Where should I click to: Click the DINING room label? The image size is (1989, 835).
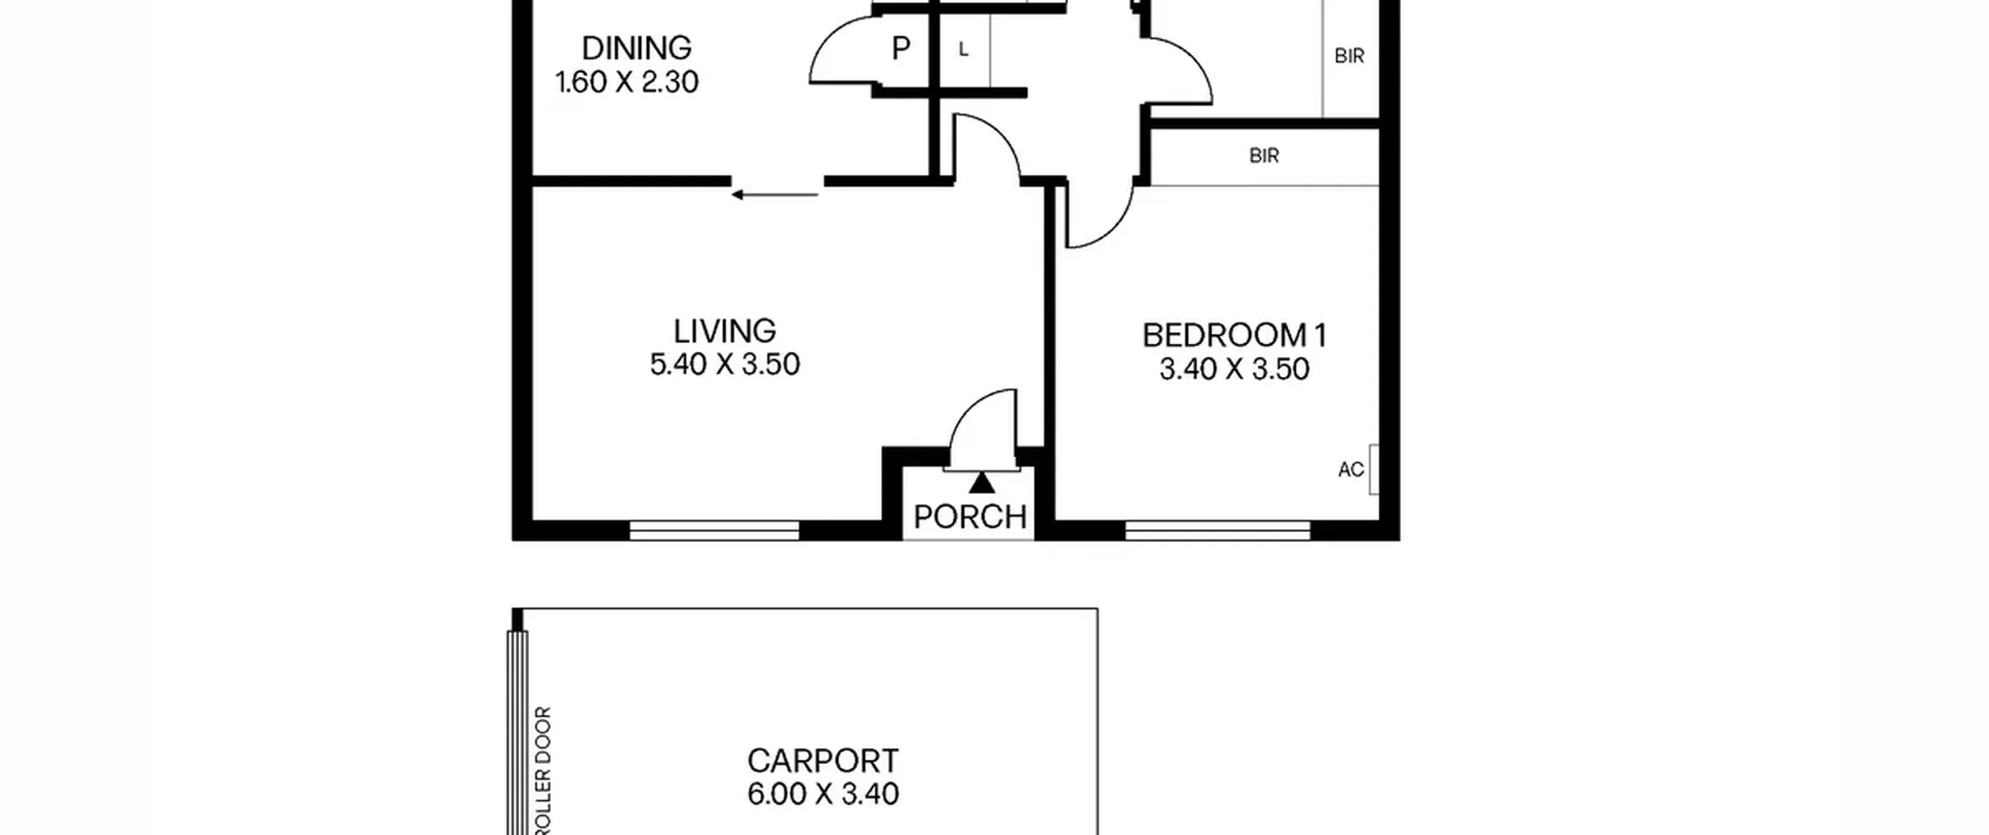[636, 48]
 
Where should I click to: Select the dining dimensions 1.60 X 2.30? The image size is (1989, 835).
[627, 82]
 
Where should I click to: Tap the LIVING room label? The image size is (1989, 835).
[724, 331]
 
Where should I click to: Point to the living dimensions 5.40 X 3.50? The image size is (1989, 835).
[725, 364]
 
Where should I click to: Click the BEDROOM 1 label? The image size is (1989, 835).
[1235, 336]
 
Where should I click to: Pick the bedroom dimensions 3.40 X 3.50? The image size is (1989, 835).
[1235, 369]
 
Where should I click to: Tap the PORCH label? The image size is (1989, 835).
[970, 517]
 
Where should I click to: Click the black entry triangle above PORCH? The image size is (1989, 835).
[982, 483]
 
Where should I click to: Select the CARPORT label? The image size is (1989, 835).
[823, 760]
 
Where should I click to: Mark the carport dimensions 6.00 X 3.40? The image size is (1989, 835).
[823, 794]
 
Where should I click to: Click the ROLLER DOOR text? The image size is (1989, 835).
[544, 771]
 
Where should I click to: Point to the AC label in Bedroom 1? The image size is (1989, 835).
[1351, 469]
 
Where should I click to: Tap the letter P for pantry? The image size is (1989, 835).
[900, 49]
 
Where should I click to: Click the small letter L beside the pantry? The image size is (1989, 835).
[963, 50]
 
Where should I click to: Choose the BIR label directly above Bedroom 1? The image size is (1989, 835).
[1264, 156]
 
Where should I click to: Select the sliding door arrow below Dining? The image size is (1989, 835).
[775, 194]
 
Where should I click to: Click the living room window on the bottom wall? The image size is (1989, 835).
[714, 531]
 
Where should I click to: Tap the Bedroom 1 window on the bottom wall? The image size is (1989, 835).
[1217, 531]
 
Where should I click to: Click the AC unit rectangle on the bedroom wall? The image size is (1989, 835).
[1374, 469]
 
